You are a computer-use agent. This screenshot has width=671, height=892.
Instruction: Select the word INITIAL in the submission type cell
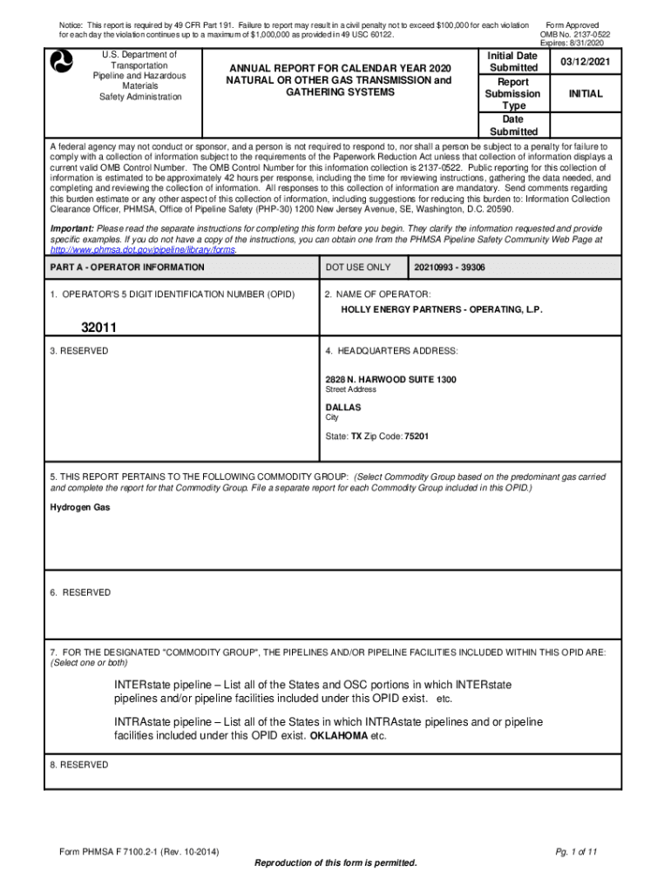[x=586, y=93]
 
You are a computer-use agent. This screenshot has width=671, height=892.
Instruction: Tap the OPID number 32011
[x=99, y=328]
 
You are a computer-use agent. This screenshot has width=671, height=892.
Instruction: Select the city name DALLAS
[x=343, y=408]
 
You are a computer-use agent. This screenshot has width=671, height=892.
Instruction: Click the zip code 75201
[x=417, y=436]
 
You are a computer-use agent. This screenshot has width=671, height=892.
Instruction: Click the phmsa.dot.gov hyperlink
[x=142, y=249]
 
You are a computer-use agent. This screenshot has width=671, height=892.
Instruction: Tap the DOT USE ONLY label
[x=358, y=267]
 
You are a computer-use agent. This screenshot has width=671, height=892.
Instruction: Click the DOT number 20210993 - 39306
[x=451, y=267]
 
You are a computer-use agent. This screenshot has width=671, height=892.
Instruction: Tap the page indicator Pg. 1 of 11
[x=573, y=851]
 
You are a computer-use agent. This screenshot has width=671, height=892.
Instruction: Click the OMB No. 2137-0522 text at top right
[x=575, y=35]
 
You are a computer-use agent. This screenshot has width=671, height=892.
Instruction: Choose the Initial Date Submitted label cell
[x=513, y=61]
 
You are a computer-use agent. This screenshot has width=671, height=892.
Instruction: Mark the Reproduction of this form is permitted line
[x=335, y=863]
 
